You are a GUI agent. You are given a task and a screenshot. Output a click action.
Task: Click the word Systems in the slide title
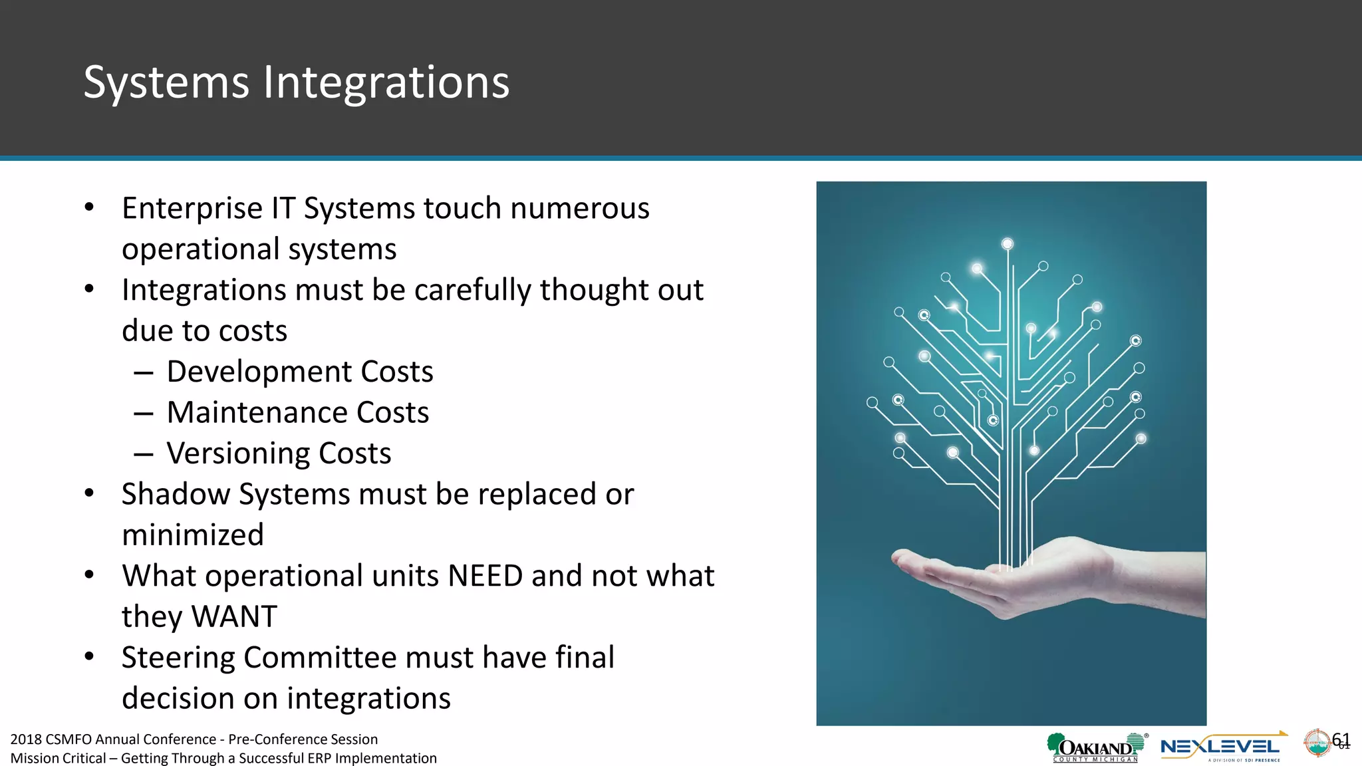tap(166, 83)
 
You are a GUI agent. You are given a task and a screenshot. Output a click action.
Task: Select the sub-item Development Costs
tap(299, 372)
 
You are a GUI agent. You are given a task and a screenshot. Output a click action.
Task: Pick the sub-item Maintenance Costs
tap(297, 413)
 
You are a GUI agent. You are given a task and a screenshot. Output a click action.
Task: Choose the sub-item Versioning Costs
tap(279, 453)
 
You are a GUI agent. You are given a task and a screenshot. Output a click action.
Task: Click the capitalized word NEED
tap(485, 576)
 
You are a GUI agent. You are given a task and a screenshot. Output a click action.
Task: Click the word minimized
tap(193, 535)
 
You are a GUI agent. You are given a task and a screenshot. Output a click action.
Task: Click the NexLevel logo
tap(1221, 747)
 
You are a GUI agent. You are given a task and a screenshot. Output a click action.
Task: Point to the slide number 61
tap(1341, 739)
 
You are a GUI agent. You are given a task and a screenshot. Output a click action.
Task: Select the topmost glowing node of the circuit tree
tap(1008, 244)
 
